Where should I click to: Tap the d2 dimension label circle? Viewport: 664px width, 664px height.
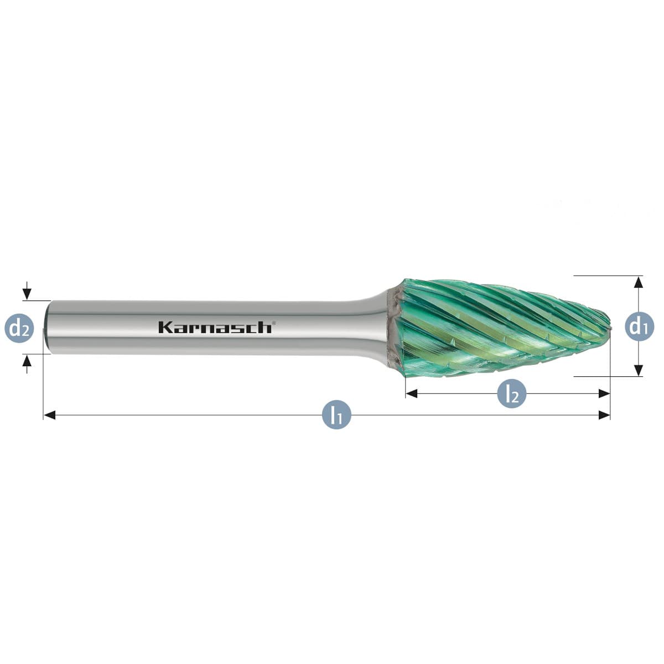19,328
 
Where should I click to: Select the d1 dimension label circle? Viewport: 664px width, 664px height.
639,328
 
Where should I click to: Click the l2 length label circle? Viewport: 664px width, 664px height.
512,393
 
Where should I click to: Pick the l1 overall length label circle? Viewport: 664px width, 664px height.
336,415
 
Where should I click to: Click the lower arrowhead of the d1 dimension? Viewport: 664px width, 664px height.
639,371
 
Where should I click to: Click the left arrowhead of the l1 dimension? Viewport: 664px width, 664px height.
49,415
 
